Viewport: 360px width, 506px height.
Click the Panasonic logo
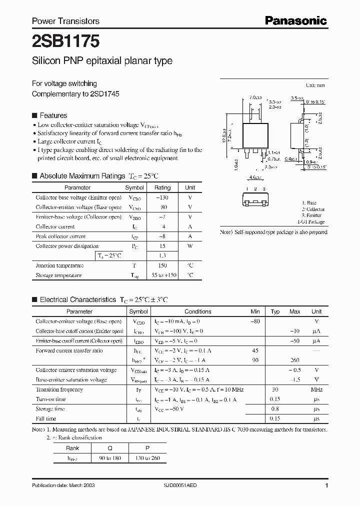click(295, 20)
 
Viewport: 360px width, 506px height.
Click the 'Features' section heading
click(53, 115)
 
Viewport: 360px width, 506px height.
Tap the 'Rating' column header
click(162, 187)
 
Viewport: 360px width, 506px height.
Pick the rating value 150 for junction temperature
click(162, 265)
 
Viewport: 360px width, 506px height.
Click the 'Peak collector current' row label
click(60, 236)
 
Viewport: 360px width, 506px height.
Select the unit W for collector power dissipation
click(190, 246)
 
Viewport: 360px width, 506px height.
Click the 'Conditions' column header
click(198, 311)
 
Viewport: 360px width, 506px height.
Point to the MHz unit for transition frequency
click(316, 389)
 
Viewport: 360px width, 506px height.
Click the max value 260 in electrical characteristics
click(294, 360)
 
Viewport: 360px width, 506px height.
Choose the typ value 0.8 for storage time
click(275, 409)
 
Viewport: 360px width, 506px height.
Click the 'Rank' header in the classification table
click(72, 448)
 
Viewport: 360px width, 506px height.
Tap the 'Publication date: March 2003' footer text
click(63, 485)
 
